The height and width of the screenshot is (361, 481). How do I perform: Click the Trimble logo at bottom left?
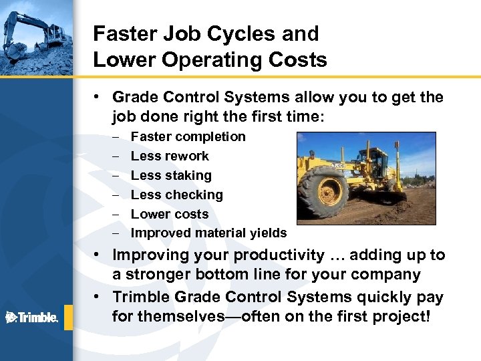click(x=31, y=316)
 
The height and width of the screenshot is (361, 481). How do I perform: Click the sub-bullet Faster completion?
click(x=188, y=136)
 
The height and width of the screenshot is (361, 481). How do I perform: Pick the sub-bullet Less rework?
click(x=170, y=156)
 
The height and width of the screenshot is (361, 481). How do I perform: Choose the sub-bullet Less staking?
click(x=171, y=175)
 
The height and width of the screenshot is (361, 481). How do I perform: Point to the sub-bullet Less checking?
click(x=176, y=195)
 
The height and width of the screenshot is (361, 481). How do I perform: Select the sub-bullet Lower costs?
click(x=170, y=214)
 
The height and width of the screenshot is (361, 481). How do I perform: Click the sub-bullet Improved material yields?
click(x=208, y=233)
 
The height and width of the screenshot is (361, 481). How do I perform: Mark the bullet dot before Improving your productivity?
click(x=98, y=255)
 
